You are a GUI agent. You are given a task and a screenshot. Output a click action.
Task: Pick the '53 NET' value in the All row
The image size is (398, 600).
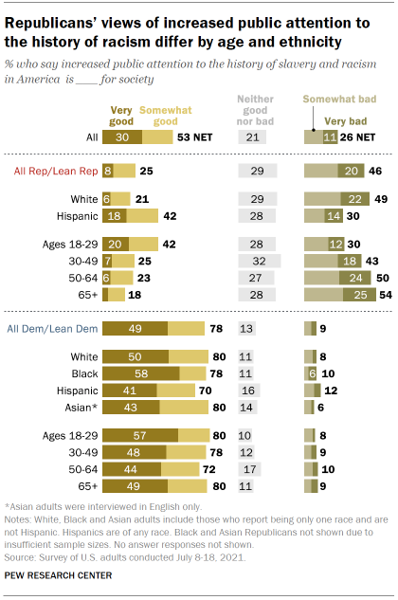(193, 136)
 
